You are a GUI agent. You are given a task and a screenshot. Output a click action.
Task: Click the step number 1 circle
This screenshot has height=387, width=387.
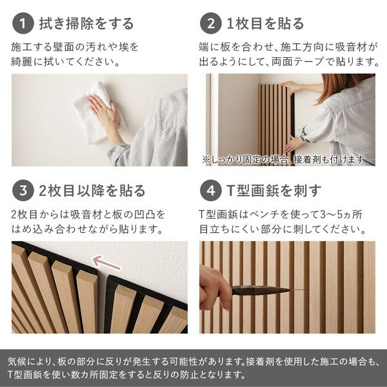(x=23, y=24)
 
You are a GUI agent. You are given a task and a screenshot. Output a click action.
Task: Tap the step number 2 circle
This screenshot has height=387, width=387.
(x=210, y=24)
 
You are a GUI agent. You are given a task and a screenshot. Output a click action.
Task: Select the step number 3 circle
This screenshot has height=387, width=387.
(x=23, y=190)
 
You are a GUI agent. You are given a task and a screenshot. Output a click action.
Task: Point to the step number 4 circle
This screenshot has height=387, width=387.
(x=210, y=190)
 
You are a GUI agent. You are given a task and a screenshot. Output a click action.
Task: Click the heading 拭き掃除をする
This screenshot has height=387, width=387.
(x=86, y=24)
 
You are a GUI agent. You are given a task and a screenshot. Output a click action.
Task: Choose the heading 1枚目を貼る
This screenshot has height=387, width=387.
(x=265, y=24)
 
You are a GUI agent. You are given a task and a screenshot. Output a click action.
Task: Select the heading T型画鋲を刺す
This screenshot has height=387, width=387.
(x=272, y=190)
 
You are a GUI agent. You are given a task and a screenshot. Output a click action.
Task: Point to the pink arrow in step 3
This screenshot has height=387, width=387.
(x=107, y=262)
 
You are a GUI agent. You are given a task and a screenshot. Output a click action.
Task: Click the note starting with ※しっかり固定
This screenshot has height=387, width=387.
(x=283, y=159)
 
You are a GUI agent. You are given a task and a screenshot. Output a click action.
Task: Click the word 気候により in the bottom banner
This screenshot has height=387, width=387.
(x=32, y=361)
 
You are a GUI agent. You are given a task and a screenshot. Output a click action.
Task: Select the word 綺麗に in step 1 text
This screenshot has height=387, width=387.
(x=26, y=62)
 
